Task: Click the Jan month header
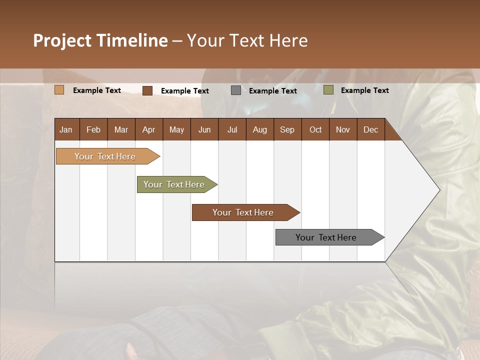pyautogui.click(x=66, y=129)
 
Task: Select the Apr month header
pyautogui.click(x=148, y=129)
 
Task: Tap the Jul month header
pyautogui.click(x=232, y=129)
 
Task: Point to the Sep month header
pyautogui.click(x=287, y=129)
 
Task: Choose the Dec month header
pyautogui.click(x=370, y=129)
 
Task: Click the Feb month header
pyautogui.click(x=93, y=129)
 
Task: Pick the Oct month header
pyautogui.click(x=315, y=129)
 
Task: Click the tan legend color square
pyautogui.click(x=59, y=90)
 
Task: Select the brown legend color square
pyautogui.click(x=147, y=90)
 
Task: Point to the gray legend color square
pyautogui.click(x=236, y=90)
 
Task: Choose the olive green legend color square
pyautogui.click(x=328, y=90)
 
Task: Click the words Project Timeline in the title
pyautogui.click(x=100, y=40)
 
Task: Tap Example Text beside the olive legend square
pyautogui.click(x=364, y=90)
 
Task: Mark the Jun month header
pyautogui.click(x=204, y=129)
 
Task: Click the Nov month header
pyautogui.click(x=343, y=129)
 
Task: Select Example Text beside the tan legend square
pyautogui.click(x=96, y=90)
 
